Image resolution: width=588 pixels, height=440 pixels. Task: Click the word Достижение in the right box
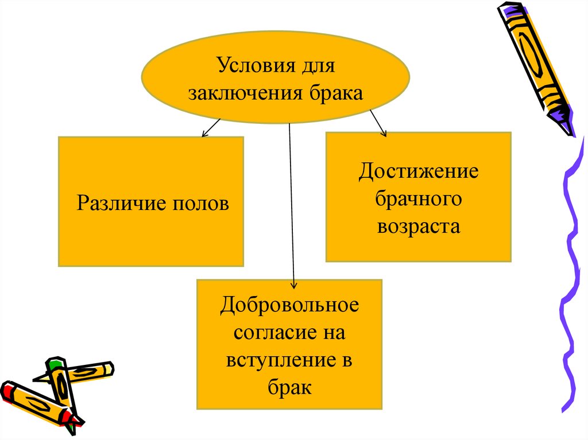click(418, 172)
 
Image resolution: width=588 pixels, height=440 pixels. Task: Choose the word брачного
click(418, 199)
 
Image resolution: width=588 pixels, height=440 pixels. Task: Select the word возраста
click(418, 227)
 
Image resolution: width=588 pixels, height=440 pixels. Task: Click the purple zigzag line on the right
click(571, 275)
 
